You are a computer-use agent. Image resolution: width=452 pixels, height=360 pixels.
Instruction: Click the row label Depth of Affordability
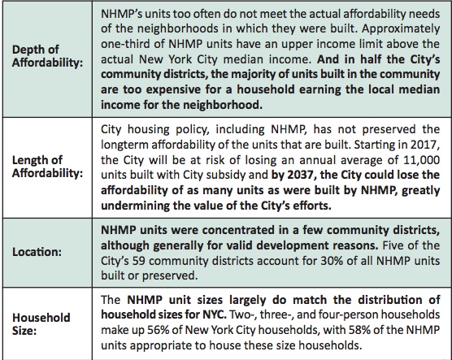coord(48,56)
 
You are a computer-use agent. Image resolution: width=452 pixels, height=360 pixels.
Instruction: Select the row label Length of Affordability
coord(48,167)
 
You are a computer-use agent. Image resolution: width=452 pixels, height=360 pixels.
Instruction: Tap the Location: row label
coord(37,252)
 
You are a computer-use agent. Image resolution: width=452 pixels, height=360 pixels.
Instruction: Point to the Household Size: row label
coord(41,324)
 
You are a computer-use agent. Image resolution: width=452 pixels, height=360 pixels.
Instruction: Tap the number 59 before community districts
coord(139,261)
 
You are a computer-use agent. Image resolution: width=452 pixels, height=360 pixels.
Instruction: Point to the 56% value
coord(159,330)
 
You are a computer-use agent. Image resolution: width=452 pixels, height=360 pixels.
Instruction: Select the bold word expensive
coord(173,89)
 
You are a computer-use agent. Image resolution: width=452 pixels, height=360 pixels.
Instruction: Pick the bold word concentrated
coord(238,230)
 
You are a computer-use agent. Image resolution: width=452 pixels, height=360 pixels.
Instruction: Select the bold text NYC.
coord(212,314)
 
